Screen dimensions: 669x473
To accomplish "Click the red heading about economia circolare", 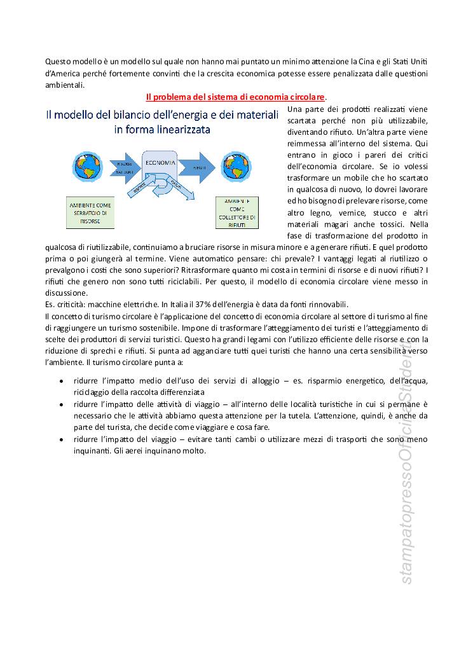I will [x=235, y=97].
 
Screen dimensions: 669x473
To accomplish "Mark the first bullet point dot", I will [x=60, y=382].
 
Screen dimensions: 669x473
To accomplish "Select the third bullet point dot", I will [x=60, y=439].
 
